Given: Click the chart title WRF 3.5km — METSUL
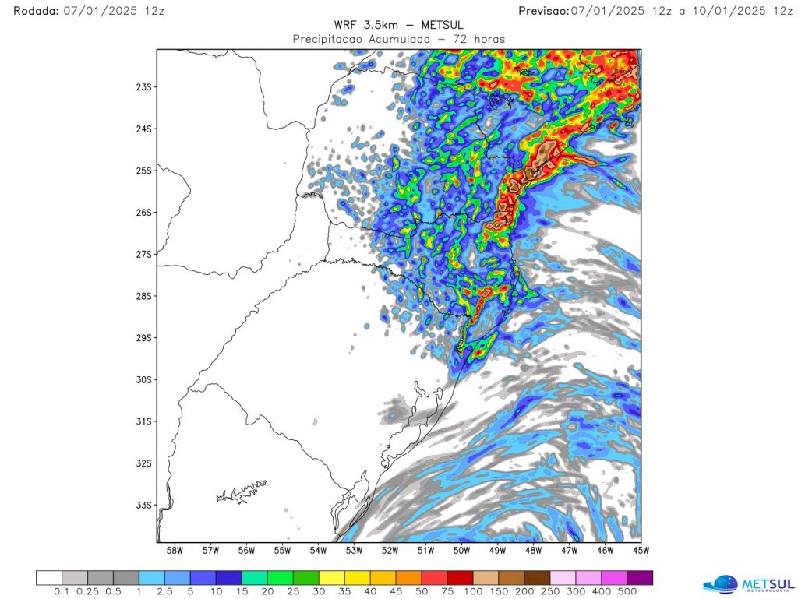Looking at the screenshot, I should coord(398,24).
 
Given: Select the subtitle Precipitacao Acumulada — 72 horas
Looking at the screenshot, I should coord(398,38).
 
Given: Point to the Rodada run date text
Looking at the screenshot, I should coord(89,10).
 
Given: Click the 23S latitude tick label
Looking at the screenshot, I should coord(143,86).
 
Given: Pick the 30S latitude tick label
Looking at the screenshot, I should coord(143,379).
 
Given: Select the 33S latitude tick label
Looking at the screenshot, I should coord(143,505).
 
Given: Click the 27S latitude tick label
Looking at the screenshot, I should coord(143,254).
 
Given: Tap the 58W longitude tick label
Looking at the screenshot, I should coord(175,551).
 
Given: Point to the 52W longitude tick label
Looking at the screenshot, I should coord(390,551).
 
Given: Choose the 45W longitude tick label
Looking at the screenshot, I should coord(641,551).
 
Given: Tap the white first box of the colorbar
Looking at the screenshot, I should coord(49,578).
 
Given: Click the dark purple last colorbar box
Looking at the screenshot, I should coord(640,578).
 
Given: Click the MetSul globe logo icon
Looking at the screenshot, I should coord(720,584).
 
